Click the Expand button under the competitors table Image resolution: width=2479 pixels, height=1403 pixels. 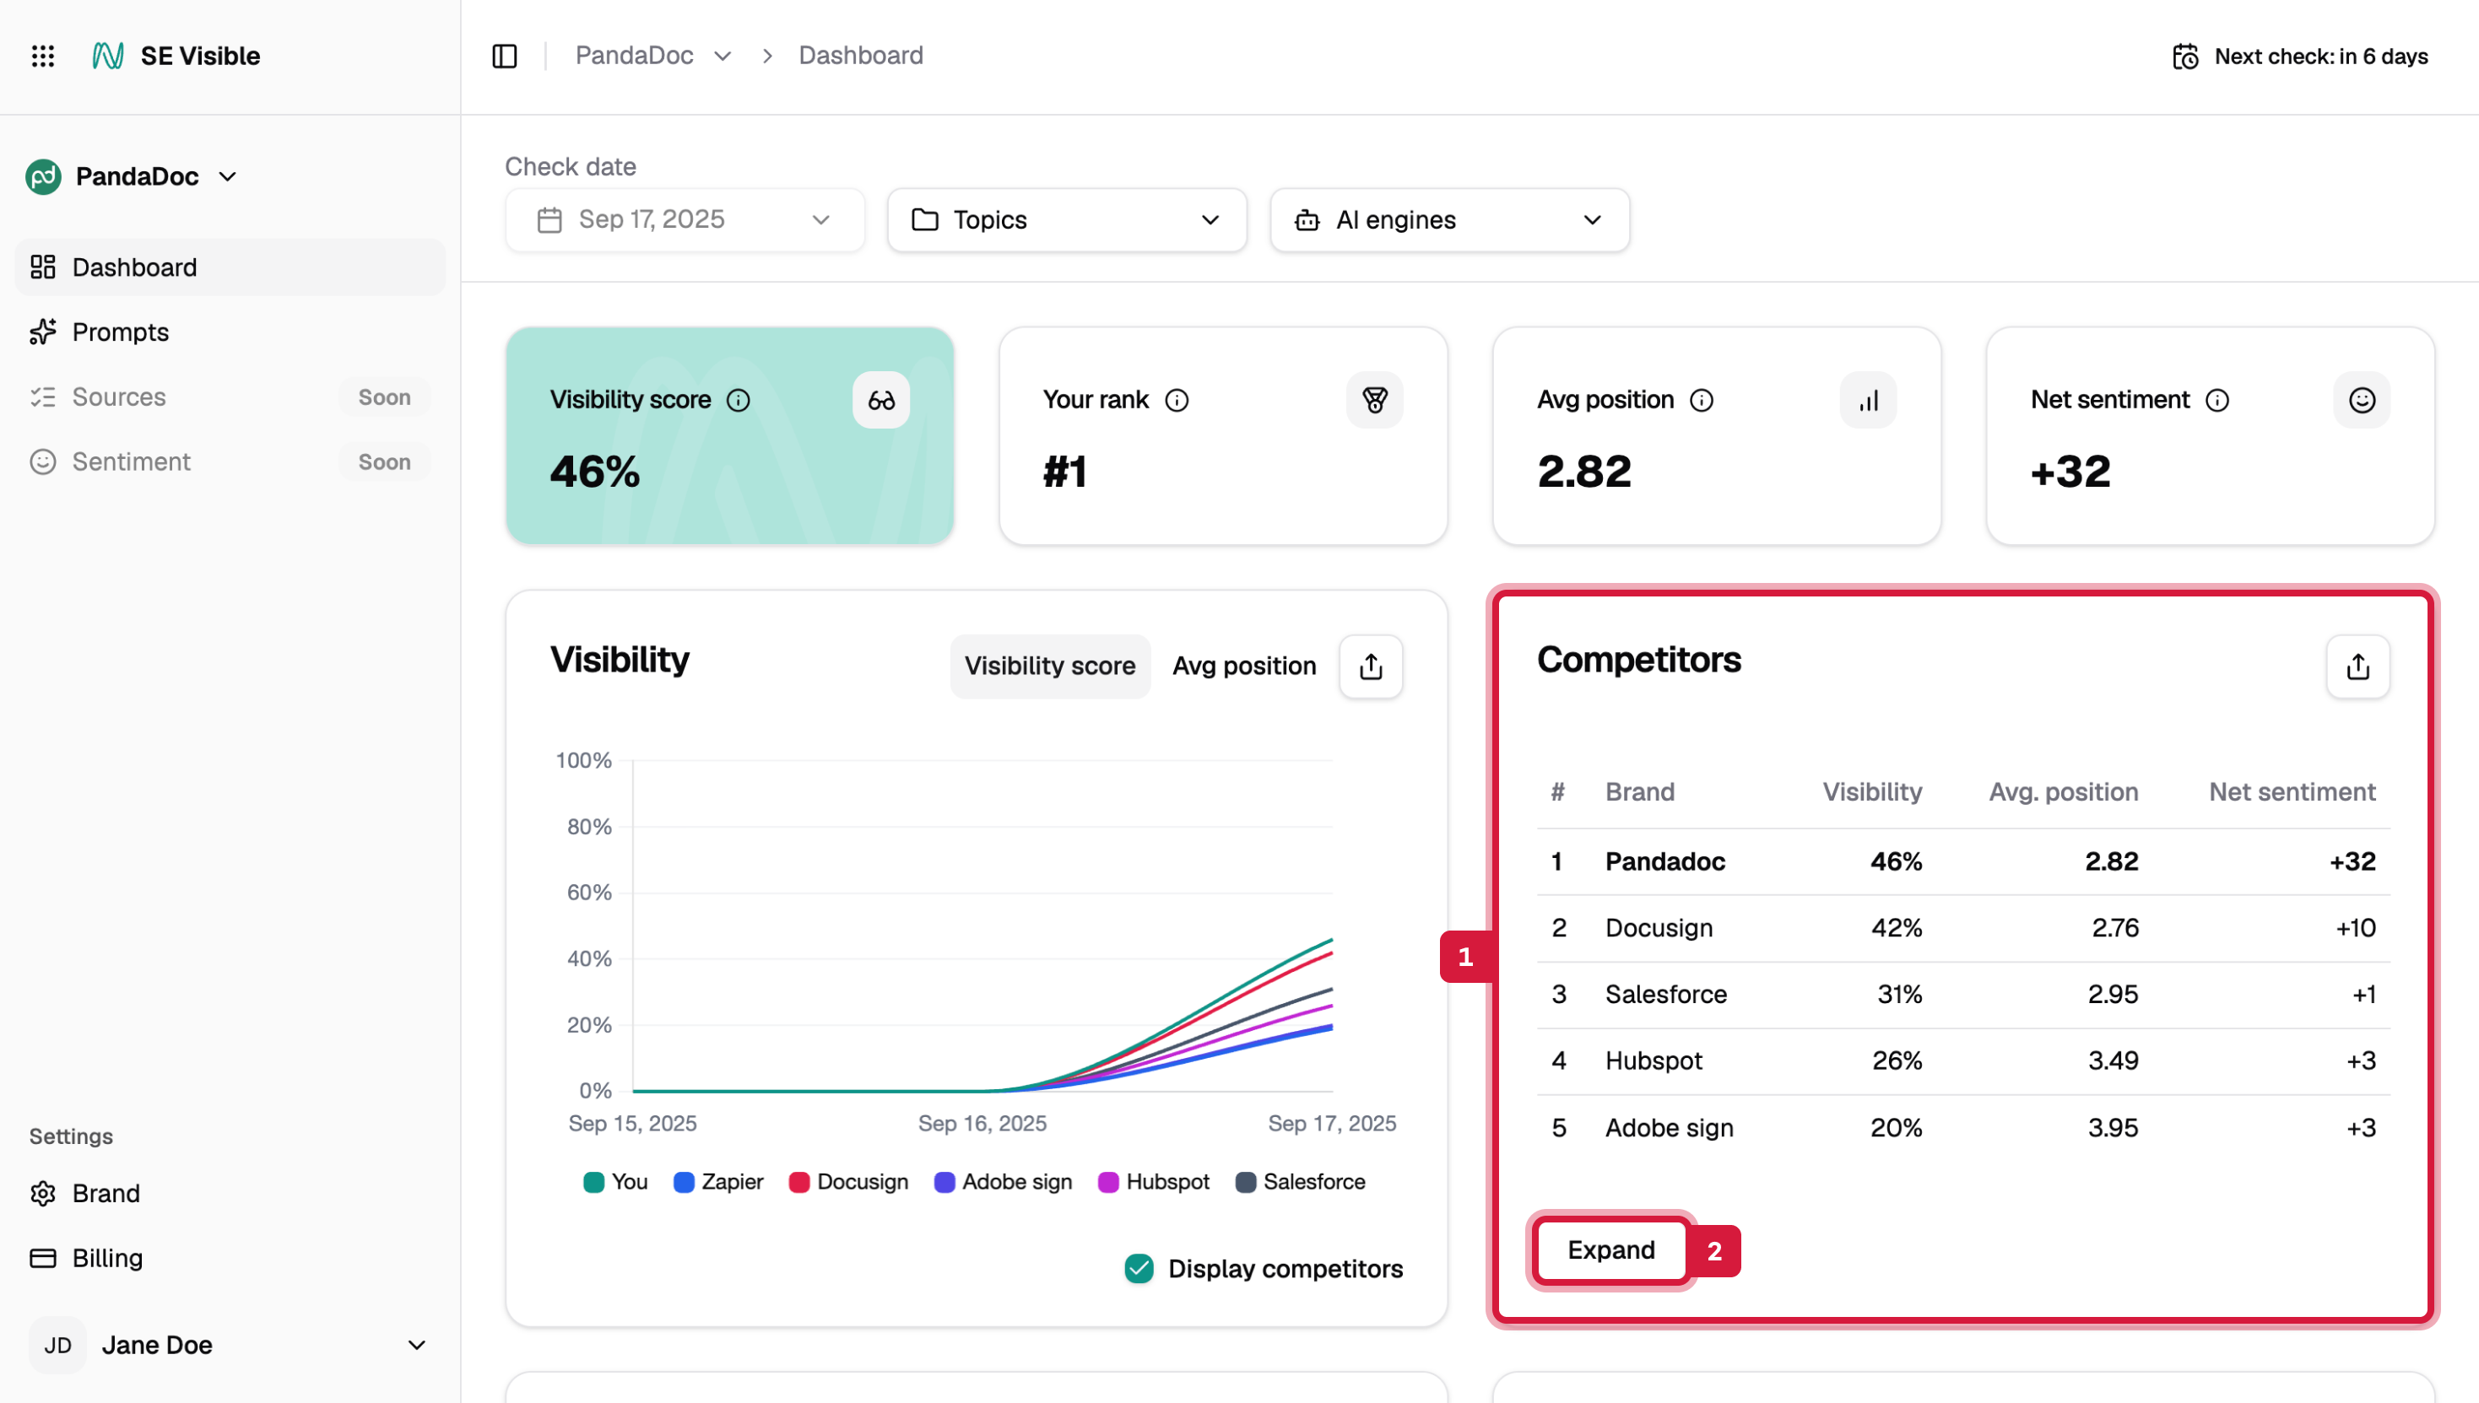(1610, 1249)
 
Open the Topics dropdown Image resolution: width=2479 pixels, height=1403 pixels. (1066, 219)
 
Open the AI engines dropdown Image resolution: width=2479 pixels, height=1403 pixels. (1448, 219)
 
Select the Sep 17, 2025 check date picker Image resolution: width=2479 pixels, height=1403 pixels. (685, 219)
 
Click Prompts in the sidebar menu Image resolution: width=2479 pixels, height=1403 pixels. (121, 332)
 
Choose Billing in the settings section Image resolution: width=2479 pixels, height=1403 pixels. (107, 1258)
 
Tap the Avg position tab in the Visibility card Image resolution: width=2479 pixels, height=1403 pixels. (1243, 666)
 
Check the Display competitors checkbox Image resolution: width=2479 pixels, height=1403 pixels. (1139, 1268)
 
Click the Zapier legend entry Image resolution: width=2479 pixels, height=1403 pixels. (719, 1181)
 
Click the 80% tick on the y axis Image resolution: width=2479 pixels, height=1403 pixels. (589, 826)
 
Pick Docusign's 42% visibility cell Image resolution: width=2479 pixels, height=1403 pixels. (1895, 927)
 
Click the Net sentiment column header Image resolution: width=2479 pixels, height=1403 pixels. (2291, 791)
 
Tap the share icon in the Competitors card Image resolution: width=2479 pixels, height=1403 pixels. (2357, 666)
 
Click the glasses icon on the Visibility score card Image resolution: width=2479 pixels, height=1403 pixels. (880, 400)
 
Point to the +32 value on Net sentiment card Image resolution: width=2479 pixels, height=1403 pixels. (2070, 472)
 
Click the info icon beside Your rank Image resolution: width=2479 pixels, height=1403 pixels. (1176, 400)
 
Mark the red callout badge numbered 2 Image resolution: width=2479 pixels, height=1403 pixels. (1713, 1251)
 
